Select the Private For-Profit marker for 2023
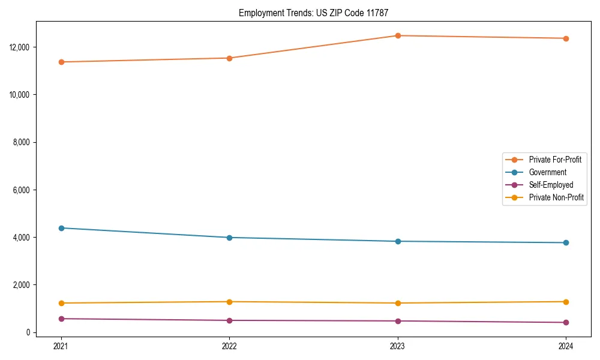[398, 35]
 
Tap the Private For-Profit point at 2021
[61, 62]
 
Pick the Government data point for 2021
[61, 228]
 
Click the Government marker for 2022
[229, 238]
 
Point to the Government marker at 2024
[566, 242]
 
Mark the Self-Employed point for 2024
[566, 322]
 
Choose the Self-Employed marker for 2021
[61, 319]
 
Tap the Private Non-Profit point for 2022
[229, 302]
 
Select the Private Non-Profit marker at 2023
[398, 303]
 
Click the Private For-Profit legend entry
[555, 160]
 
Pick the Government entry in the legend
[547, 172]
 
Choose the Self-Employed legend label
[551, 185]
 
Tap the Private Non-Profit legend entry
[556, 197]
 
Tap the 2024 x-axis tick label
[566, 346]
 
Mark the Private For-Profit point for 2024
[566, 38]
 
